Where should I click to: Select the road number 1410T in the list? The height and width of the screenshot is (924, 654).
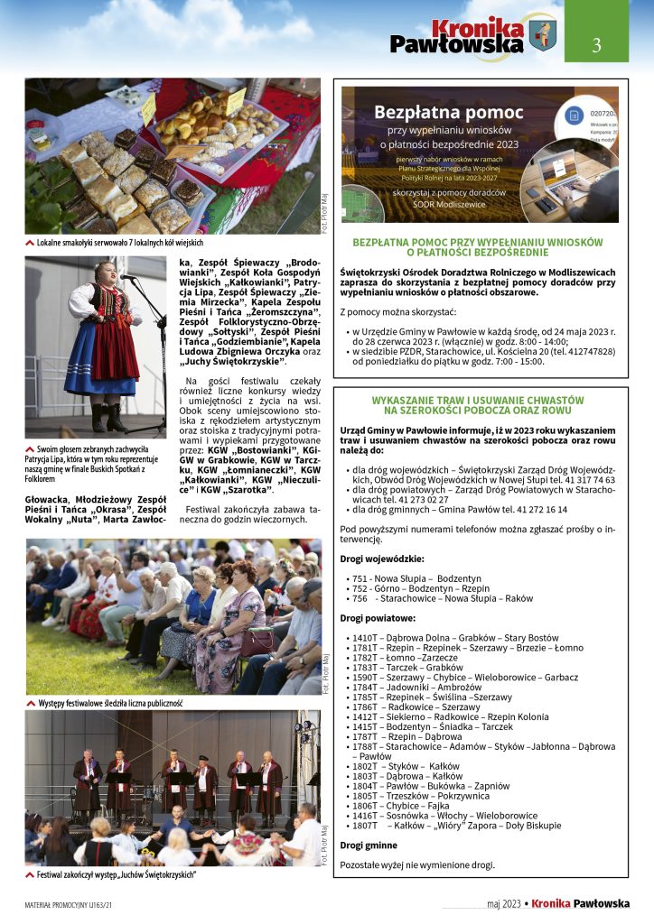[364, 637]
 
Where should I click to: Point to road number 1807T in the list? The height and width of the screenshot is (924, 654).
[365, 825]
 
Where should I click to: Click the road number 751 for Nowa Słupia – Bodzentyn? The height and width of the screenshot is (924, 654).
[360, 577]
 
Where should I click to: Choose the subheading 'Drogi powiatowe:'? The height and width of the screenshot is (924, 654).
[378, 618]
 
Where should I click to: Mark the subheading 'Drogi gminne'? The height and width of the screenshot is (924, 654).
[368, 845]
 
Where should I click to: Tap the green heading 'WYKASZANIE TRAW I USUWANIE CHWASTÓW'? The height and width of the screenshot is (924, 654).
[478, 399]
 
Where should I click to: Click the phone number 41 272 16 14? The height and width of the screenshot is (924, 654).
[537, 509]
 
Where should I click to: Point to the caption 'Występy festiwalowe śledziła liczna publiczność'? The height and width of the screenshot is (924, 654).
[110, 702]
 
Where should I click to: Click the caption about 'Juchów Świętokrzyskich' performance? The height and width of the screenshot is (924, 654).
[117, 874]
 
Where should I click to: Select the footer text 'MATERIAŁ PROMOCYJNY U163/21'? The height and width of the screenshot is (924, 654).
[69, 904]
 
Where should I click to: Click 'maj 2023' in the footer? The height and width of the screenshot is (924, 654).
[504, 904]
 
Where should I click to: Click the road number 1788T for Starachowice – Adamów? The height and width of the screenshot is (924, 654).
[364, 746]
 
